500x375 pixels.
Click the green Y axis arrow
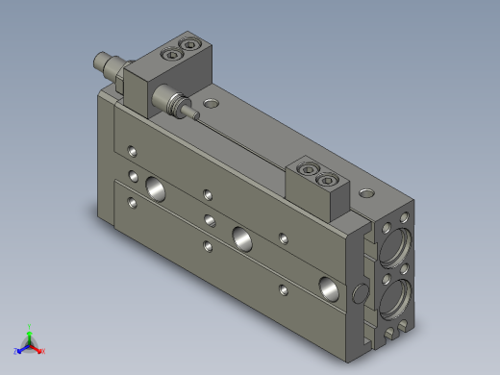coord(30,329)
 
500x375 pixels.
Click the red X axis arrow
coord(40,351)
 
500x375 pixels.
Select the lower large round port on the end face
coord(396,303)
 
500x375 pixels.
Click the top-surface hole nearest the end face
coord(363,192)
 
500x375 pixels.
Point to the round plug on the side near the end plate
coord(361,291)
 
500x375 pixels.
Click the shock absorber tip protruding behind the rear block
coord(97,61)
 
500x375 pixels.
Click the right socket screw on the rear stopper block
coord(195,44)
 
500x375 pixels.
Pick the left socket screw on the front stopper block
coord(310,170)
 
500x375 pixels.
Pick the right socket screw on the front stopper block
coord(330,178)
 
